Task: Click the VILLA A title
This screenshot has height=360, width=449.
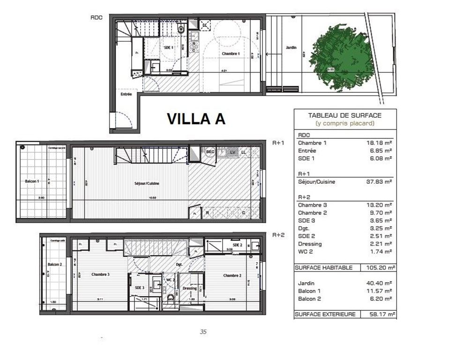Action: point(196,119)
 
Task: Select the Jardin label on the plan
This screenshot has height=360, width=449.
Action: point(291,47)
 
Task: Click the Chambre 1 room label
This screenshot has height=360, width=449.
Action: point(230,54)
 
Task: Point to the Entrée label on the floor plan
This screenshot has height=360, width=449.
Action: point(126,94)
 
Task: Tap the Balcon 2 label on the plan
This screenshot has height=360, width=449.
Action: point(54,264)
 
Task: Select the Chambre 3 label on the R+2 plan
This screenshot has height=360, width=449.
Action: point(100,275)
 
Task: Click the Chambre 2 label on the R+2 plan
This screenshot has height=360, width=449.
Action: point(232,275)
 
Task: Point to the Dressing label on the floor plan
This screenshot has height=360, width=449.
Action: point(190,288)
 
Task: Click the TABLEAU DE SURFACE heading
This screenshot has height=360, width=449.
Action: point(344,115)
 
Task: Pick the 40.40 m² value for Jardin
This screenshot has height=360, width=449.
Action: point(380,283)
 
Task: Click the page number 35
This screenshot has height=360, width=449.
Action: point(203,332)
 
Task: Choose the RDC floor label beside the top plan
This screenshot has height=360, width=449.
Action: point(97,18)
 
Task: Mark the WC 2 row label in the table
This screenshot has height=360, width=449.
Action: point(306,252)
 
